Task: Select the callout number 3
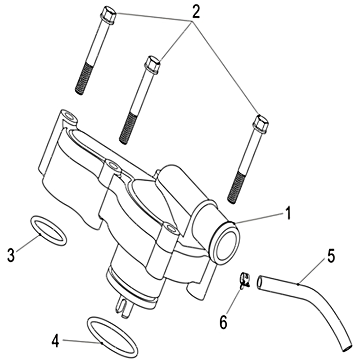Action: pyautogui.click(x=11, y=255)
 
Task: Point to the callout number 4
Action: pyautogui.click(x=55, y=341)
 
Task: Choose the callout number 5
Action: pyautogui.click(x=331, y=257)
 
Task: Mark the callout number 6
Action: pyautogui.click(x=223, y=322)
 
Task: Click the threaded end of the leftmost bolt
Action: pyautogui.click(x=83, y=78)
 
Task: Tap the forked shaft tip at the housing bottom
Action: pyautogui.click(x=124, y=308)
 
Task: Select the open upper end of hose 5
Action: pyautogui.click(x=260, y=282)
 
